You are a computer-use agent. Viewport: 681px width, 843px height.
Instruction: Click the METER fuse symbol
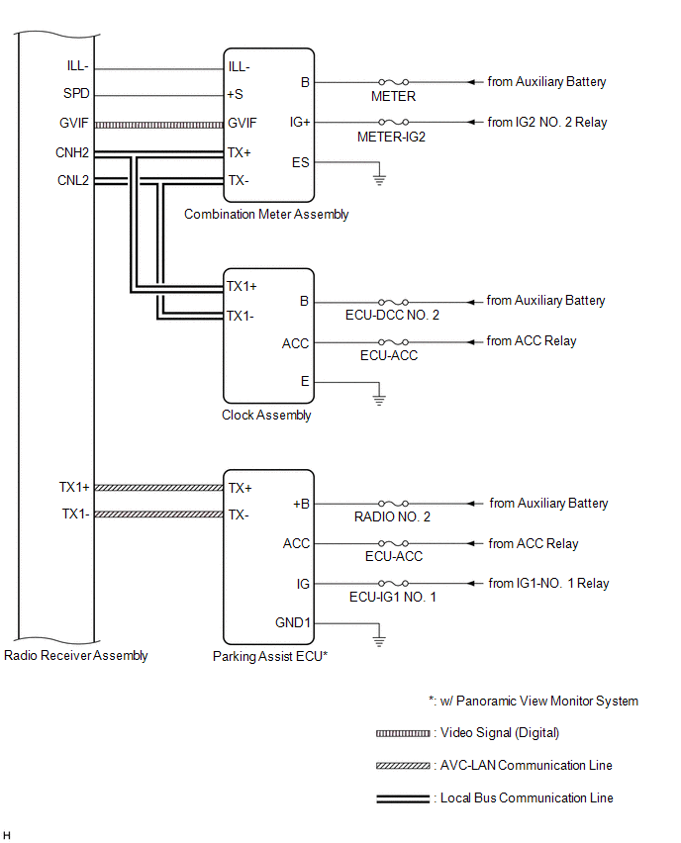point(393,82)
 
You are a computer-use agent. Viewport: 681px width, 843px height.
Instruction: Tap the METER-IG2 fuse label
point(391,138)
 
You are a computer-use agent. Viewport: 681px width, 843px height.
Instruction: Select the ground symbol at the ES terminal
point(379,179)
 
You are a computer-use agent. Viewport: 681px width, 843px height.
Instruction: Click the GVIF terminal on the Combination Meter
point(243,123)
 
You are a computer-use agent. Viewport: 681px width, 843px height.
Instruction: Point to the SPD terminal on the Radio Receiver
point(76,94)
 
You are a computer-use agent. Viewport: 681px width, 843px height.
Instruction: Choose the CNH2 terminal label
point(72,152)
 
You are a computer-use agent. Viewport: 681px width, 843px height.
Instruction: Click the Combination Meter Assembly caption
point(266,214)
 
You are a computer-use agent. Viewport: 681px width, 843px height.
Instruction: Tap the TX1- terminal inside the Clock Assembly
point(240,317)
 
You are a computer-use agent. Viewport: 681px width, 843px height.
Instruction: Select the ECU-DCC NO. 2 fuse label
point(392,315)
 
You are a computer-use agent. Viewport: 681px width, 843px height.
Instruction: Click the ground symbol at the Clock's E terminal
point(379,400)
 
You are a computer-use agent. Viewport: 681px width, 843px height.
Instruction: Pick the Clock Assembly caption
point(266,415)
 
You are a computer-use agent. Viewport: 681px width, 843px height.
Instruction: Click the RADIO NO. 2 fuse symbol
point(393,504)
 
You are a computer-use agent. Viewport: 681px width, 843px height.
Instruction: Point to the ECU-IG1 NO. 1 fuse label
point(393,598)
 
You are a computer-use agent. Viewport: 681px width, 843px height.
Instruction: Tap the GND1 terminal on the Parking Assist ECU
point(293,622)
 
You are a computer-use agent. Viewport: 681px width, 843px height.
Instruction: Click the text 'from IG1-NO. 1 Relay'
point(548,584)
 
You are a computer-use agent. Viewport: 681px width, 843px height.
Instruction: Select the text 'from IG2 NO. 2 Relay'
point(547,122)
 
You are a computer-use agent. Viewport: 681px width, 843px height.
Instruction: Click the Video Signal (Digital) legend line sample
point(403,733)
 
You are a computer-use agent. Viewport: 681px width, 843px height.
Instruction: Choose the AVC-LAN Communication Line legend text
point(526,765)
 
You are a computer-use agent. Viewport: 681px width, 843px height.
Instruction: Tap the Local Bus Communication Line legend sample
point(403,798)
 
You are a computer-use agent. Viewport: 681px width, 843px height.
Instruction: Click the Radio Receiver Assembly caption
point(76,655)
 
